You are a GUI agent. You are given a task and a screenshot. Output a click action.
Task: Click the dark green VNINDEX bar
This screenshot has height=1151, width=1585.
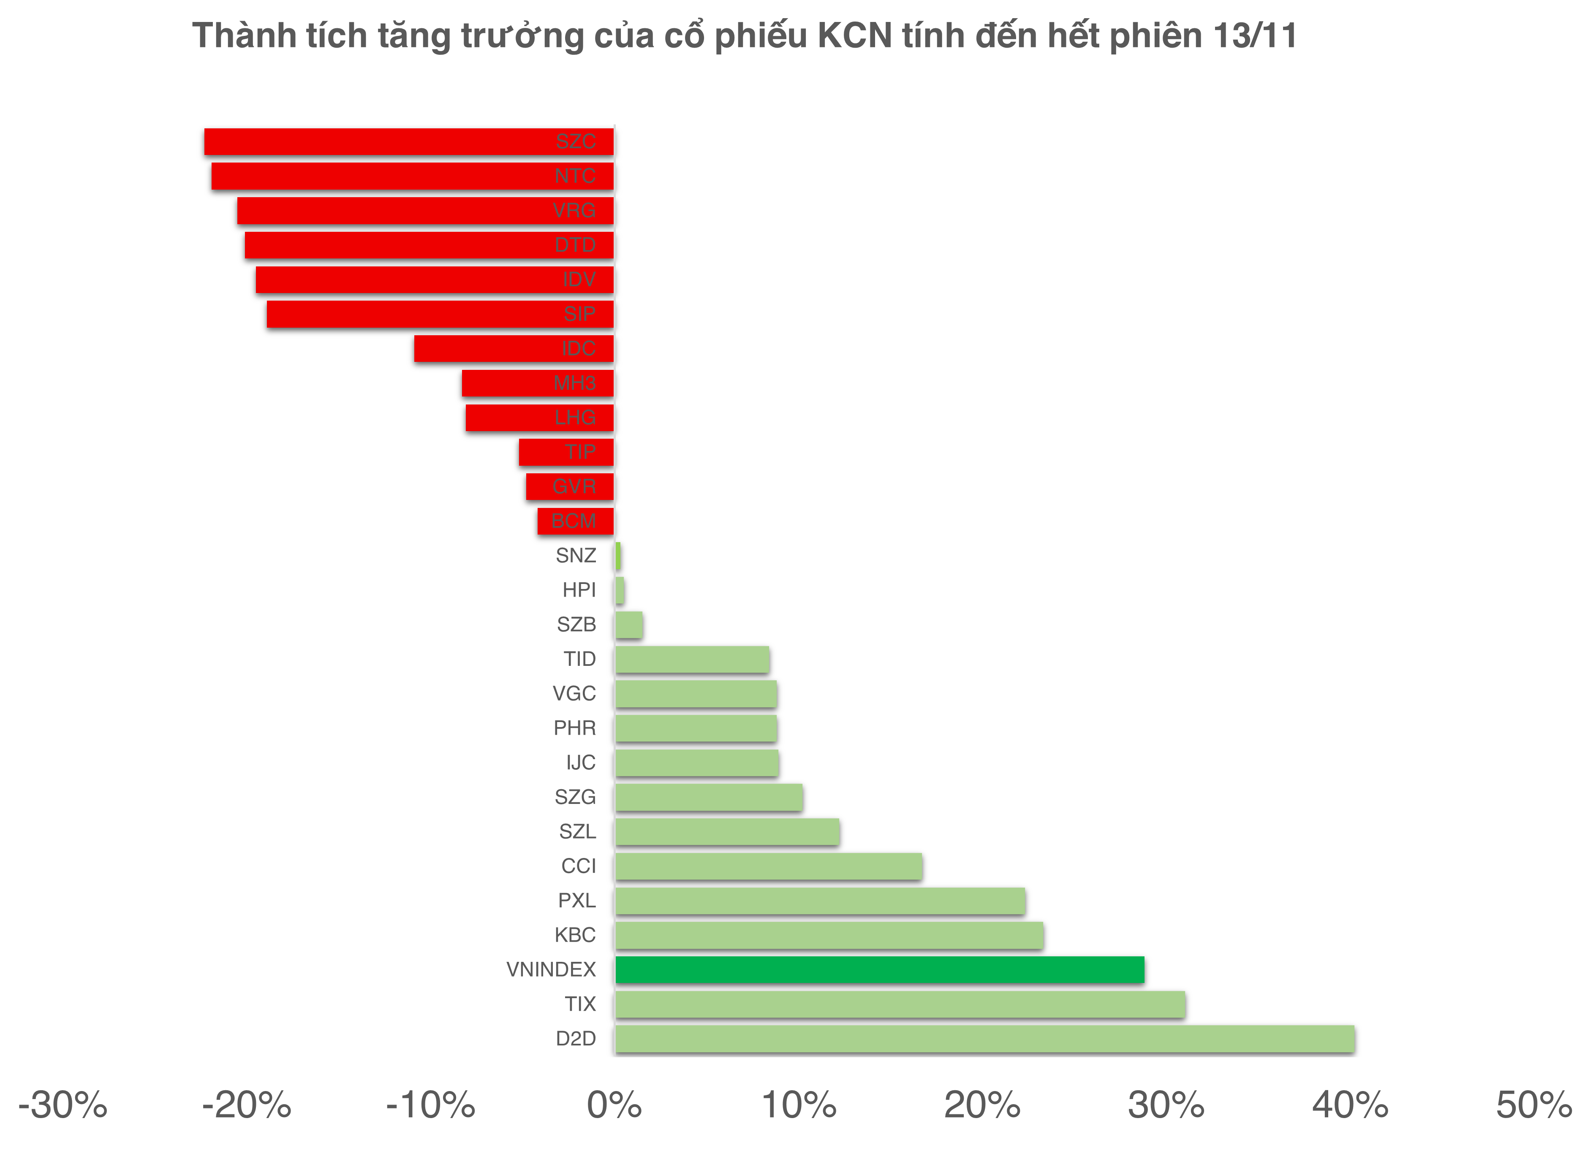[x=879, y=969]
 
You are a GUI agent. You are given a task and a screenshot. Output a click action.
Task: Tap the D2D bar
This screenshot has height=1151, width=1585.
[x=984, y=1039]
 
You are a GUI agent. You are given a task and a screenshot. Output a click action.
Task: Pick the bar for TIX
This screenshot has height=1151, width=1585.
[x=900, y=1004]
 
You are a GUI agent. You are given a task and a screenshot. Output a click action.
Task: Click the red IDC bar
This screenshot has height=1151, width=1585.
[x=514, y=349]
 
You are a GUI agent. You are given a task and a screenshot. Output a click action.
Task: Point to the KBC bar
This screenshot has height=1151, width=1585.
[x=829, y=935]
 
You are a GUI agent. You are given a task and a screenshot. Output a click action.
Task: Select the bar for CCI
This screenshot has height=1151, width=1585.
[x=769, y=866]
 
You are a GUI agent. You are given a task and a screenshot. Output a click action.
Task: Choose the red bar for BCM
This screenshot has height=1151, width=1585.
[x=575, y=521]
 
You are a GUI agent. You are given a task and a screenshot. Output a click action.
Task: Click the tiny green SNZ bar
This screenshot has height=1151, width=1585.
[x=618, y=556]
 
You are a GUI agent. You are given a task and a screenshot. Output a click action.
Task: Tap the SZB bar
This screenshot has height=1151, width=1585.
[x=629, y=625]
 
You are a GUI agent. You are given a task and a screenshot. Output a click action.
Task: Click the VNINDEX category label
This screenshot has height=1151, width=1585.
[x=551, y=969]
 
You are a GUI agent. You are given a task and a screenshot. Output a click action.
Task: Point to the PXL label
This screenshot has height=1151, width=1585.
[x=576, y=900]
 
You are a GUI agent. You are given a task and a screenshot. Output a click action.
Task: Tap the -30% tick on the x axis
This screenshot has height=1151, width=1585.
[x=63, y=1105]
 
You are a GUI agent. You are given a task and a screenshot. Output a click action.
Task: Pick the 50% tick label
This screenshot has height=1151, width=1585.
[x=1533, y=1105]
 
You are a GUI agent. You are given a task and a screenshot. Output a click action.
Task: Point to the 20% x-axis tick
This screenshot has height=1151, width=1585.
[x=982, y=1105]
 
